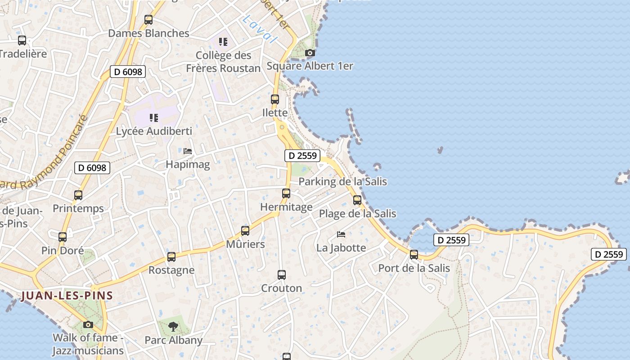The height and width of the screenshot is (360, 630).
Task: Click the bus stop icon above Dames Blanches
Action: [x=148, y=20]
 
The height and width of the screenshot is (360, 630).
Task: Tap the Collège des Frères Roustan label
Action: [x=224, y=62]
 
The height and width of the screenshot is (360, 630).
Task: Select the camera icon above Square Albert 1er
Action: [x=310, y=53]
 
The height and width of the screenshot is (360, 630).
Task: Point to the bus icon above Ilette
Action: [x=275, y=99]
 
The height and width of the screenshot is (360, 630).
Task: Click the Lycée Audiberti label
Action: [x=154, y=131]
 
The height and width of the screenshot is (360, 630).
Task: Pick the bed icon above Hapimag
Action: [x=188, y=151]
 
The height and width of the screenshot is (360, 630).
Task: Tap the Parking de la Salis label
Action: [x=342, y=182]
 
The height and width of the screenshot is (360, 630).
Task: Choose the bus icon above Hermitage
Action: [x=286, y=193]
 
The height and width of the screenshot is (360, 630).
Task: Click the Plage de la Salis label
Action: [x=357, y=213]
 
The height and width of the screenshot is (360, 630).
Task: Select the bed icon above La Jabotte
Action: [x=341, y=234]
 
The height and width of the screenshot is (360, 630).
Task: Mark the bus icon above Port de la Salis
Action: [x=414, y=255]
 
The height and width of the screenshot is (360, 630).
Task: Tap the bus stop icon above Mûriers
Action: [x=245, y=231]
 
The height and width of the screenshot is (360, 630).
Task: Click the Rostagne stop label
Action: [x=171, y=270]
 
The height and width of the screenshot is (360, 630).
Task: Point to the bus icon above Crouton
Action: [x=282, y=274]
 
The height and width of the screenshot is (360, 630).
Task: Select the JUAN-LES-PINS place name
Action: [x=67, y=296]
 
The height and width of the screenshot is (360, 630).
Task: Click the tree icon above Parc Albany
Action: [x=173, y=327]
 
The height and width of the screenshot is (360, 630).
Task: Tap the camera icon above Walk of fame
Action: [x=88, y=324]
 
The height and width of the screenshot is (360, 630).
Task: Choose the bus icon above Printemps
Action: [x=78, y=195]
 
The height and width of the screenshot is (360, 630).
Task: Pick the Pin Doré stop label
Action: [x=63, y=250]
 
